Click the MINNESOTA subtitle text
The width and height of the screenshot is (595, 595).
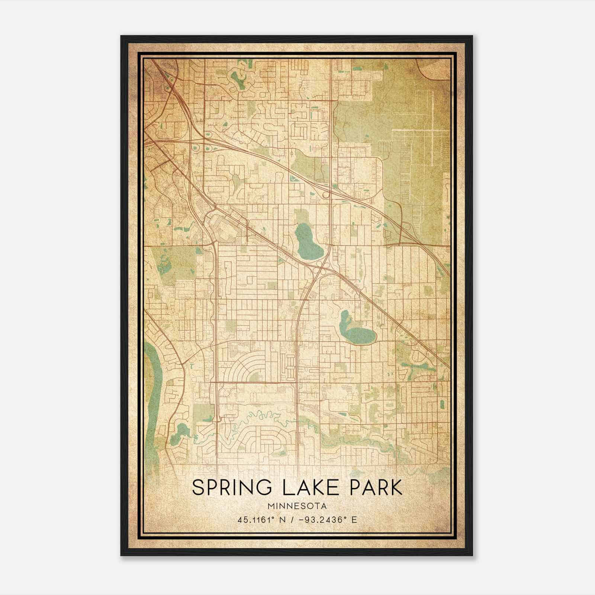pos(297,506)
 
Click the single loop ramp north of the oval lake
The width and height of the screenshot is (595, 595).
pos(326,194)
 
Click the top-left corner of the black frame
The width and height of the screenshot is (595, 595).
pos(122,36)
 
